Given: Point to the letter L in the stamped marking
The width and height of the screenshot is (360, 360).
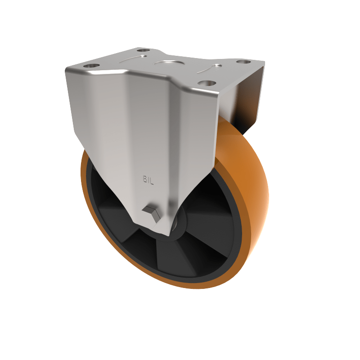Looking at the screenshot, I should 152,182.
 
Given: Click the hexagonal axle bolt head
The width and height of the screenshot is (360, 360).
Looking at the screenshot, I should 152,213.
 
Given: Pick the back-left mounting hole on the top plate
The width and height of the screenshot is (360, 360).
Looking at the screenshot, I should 143,50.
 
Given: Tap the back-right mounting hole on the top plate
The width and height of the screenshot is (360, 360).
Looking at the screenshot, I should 243,62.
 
